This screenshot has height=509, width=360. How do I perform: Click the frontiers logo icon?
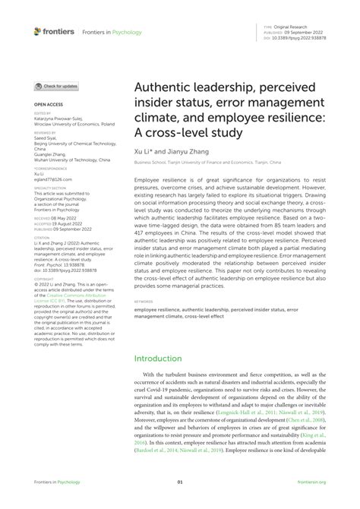click(38, 31)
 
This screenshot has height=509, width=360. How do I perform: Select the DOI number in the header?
click(300, 36)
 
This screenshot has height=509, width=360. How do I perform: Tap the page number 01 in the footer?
click(180, 501)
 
